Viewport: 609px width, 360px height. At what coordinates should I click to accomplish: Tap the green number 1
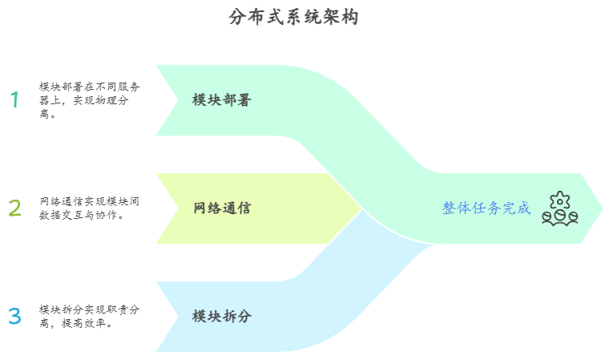(x=14, y=100)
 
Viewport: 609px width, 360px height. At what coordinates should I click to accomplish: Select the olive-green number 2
(x=14, y=208)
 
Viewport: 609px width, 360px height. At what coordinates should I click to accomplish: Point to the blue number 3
(x=14, y=316)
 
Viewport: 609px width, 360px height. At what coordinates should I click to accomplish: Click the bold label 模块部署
(x=222, y=100)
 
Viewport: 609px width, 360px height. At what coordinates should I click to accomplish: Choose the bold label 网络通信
(x=222, y=208)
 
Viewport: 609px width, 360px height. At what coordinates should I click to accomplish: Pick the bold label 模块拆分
(x=222, y=316)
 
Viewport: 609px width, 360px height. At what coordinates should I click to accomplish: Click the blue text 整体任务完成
(x=486, y=208)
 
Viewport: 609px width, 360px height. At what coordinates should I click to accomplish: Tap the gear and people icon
(x=559, y=208)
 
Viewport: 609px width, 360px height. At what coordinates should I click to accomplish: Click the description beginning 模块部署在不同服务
(x=89, y=99)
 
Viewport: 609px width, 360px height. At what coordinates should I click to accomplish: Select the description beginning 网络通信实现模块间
(x=89, y=208)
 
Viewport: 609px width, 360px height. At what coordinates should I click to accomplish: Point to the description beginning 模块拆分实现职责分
(x=89, y=316)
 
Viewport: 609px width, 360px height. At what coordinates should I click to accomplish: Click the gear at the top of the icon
(x=559, y=199)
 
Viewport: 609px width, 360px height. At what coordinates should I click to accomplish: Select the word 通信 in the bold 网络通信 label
(x=237, y=208)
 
